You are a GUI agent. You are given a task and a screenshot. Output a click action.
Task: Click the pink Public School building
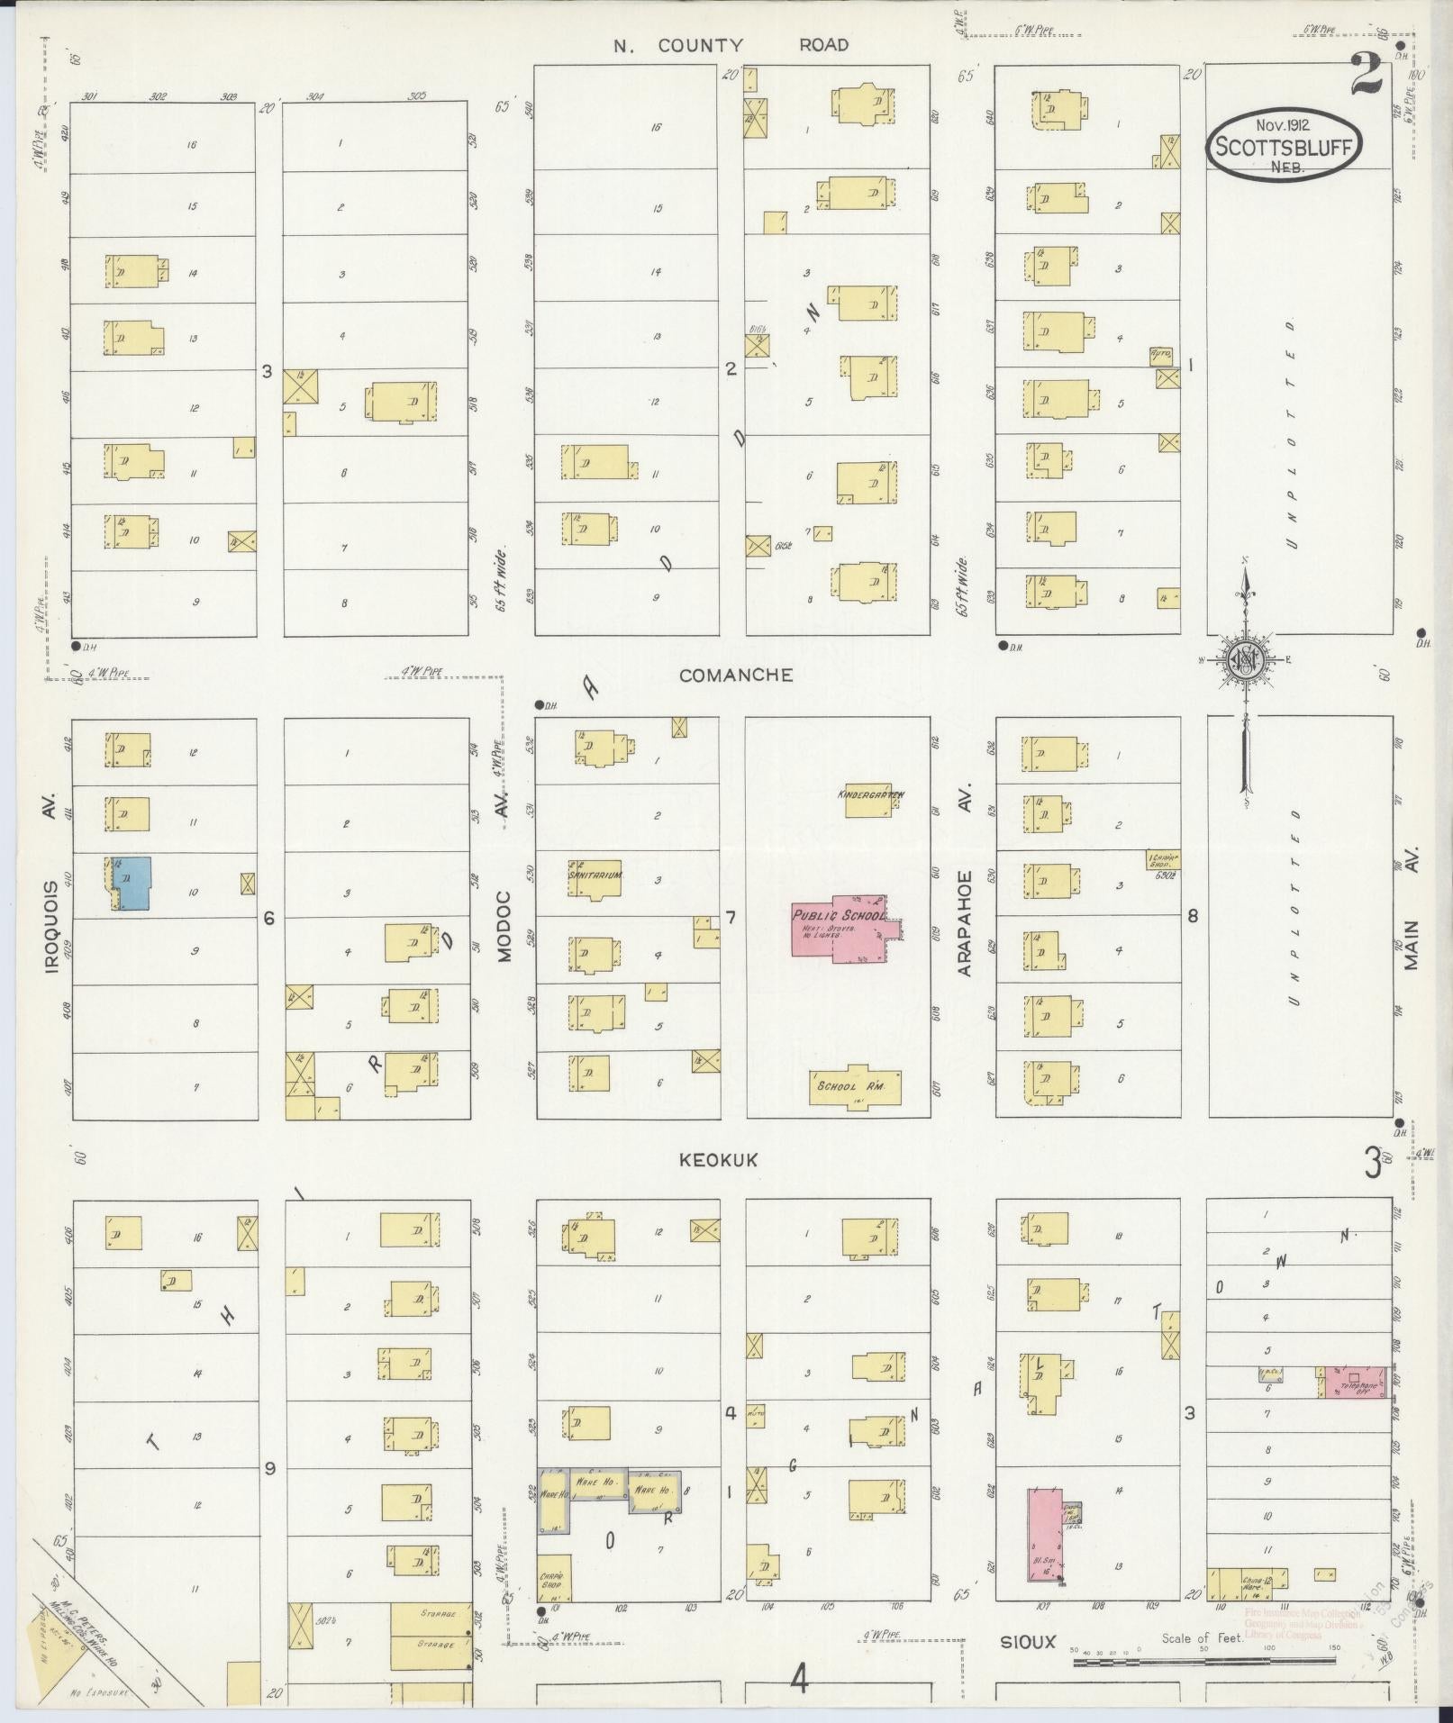coord(838,929)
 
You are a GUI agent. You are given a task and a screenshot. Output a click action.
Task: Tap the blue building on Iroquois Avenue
coord(132,883)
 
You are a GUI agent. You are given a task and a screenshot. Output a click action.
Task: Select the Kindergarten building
coord(868,799)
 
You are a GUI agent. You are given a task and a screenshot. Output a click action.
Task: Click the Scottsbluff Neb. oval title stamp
coord(1284,147)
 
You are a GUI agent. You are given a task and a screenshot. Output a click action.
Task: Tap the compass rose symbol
coord(1246,661)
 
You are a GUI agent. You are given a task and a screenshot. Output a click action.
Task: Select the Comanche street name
coord(736,675)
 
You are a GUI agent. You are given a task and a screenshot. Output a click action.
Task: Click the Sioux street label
coord(1028,1642)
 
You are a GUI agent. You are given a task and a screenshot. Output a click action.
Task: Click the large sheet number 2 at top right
coord(1366,75)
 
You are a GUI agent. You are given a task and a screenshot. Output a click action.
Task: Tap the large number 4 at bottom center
coord(800,1679)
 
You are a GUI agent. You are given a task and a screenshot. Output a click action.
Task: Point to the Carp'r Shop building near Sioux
coord(554,1577)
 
